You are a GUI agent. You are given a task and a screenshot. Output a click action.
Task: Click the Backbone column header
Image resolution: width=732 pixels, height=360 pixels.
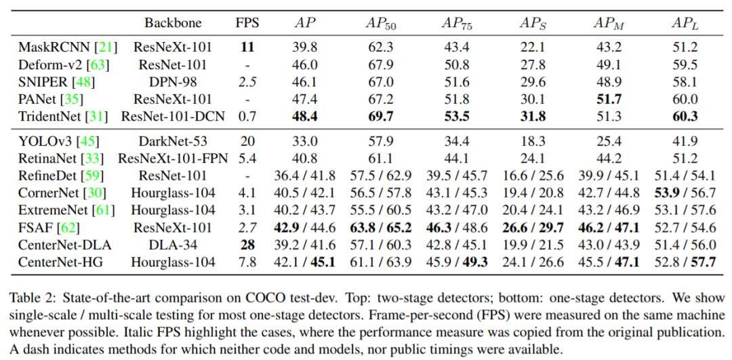pos(173,22)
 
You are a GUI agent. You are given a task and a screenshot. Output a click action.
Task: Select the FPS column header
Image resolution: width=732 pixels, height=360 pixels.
pos(247,22)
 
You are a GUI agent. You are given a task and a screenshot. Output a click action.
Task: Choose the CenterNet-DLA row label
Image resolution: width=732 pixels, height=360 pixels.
pos(62,244)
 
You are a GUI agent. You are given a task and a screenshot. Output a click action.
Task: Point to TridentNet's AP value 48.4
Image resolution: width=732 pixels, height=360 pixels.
pos(306,116)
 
